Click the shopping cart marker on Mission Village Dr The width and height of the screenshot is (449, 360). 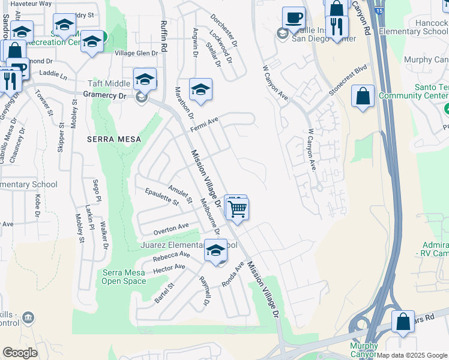pos(238,209)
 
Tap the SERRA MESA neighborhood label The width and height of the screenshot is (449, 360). pos(113,139)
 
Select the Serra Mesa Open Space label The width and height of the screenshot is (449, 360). pos(124,277)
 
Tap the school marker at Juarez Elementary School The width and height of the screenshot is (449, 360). pos(215,251)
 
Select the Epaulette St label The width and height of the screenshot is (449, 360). pos(163,197)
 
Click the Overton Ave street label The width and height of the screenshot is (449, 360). pos(171,229)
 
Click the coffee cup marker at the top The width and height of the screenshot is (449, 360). pos(294,17)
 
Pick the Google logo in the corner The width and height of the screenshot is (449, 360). pos(20,353)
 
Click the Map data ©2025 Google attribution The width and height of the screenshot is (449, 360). pos(412,355)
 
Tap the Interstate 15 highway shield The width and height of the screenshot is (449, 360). pos(377,10)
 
